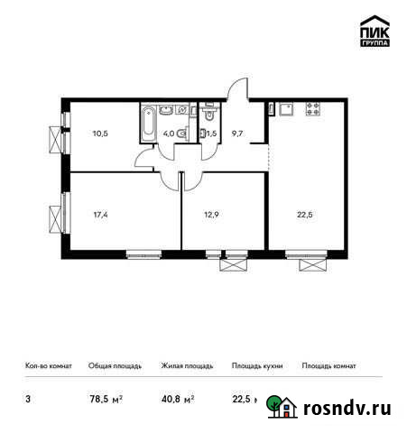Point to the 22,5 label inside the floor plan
[305, 216]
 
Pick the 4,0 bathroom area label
[169, 134]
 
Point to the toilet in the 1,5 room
[208, 115]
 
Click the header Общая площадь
[115, 366]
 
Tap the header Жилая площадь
[187, 366]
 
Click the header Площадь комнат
[328, 366]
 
